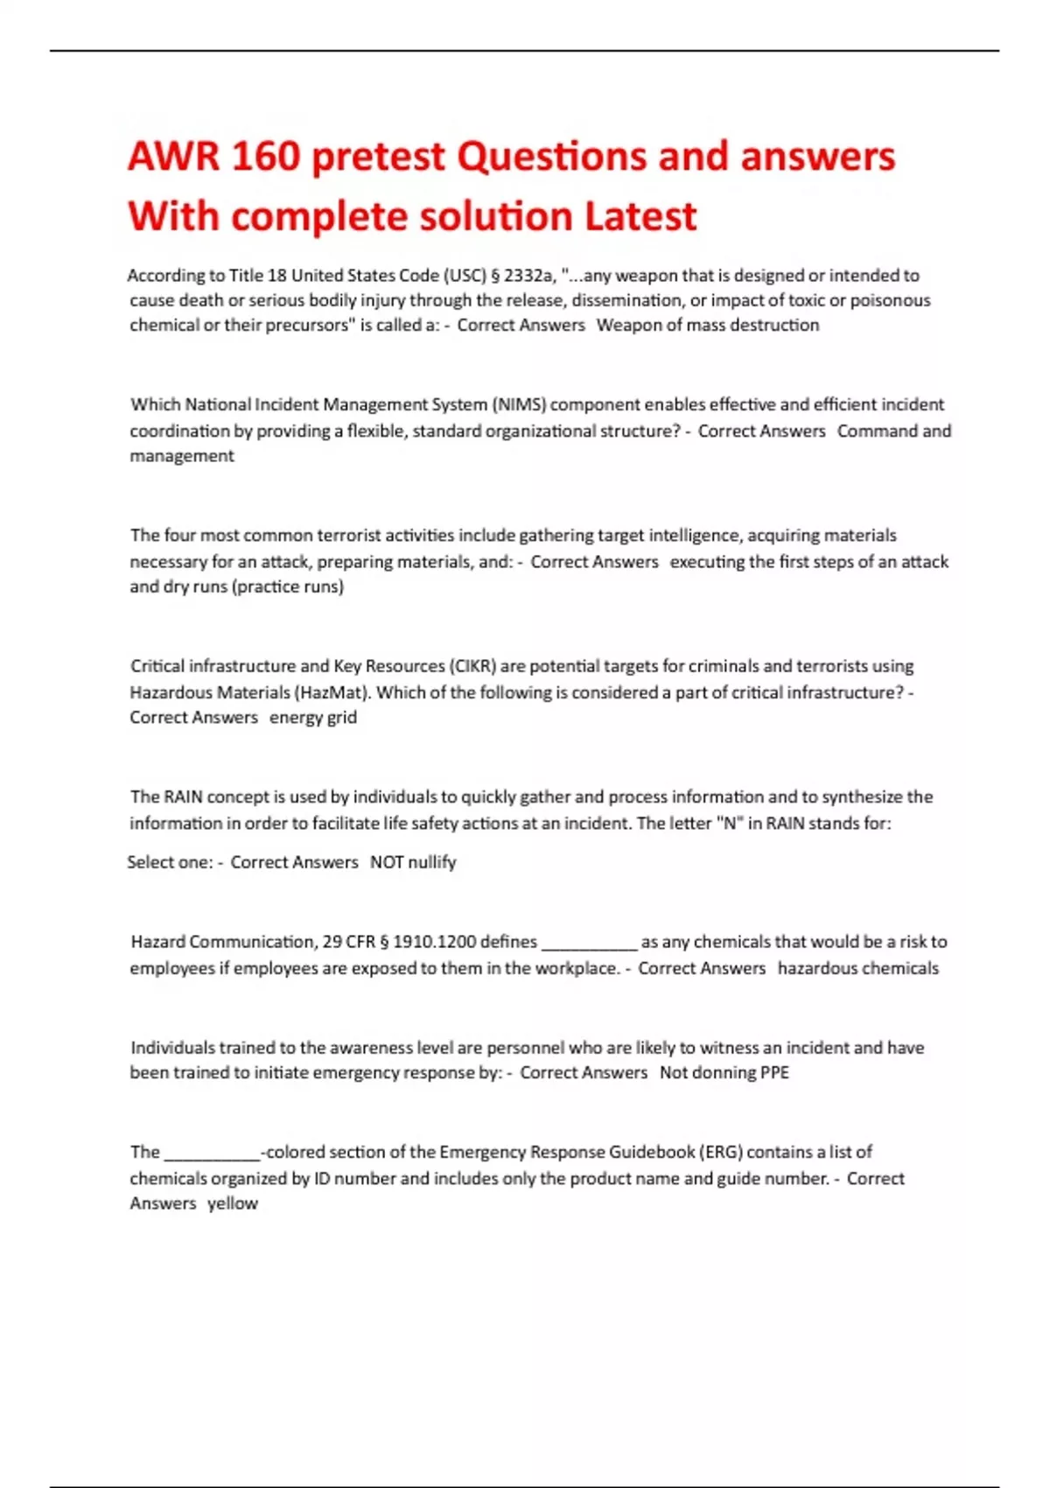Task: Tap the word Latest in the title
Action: click(x=640, y=216)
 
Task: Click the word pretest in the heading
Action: click(x=379, y=157)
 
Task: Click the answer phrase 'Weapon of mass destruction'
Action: click(x=708, y=326)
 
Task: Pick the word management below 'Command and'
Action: click(x=182, y=456)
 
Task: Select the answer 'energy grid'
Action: click(x=313, y=718)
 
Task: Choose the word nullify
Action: click(x=432, y=862)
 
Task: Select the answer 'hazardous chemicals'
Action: click(x=857, y=968)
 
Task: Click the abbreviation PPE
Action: click(x=774, y=1073)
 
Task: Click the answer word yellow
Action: click(x=233, y=1204)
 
